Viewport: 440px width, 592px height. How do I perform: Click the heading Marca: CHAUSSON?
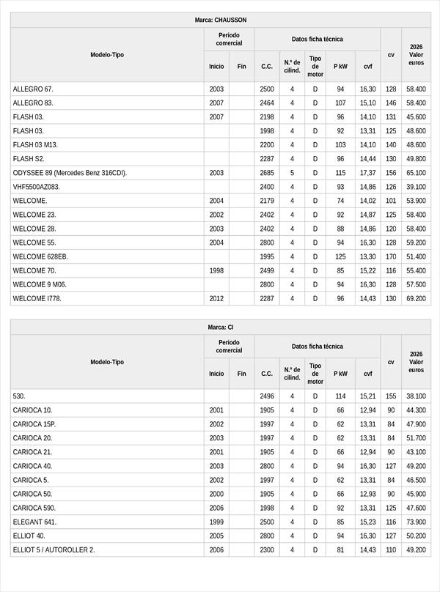click(220, 20)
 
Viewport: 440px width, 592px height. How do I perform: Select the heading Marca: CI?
click(220, 327)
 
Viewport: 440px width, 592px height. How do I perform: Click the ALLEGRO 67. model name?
click(33, 89)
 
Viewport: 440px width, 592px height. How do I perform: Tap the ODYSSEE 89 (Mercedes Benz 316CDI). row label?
click(70, 173)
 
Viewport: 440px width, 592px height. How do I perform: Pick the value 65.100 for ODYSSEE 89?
click(416, 173)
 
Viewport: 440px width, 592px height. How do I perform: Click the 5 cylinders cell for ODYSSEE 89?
click(292, 173)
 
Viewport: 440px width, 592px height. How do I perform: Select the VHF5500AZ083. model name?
click(36, 187)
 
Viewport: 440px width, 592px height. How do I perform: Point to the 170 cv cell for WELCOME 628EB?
click(391, 256)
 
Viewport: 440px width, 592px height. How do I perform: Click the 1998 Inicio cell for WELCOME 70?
click(216, 270)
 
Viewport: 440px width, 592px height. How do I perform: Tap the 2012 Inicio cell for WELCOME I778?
click(216, 298)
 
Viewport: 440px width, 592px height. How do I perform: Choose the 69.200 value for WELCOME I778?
click(416, 298)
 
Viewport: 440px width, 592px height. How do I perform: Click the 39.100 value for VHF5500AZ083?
click(416, 187)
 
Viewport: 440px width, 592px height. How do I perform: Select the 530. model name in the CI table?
click(19, 396)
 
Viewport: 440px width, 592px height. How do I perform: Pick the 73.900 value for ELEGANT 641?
click(416, 522)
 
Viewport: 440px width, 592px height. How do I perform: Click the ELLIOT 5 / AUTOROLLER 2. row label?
click(54, 550)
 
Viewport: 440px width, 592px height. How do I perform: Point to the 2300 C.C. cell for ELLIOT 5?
click(267, 550)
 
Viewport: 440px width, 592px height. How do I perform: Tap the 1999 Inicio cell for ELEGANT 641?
click(216, 522)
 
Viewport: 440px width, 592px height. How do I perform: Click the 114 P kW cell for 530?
click(340, 396)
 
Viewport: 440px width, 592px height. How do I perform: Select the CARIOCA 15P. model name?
click(34, 424)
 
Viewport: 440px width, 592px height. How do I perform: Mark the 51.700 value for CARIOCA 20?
click(416, 438)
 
